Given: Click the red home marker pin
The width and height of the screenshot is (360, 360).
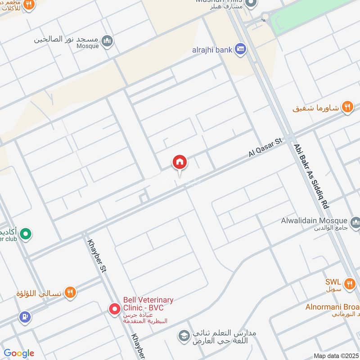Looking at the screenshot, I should coord(180,162).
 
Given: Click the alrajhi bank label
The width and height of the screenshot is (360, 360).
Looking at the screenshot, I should coord(211,49).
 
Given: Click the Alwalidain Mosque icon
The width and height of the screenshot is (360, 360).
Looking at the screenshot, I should coord(355,221).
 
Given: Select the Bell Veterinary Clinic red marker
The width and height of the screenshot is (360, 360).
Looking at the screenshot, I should coord(114,309).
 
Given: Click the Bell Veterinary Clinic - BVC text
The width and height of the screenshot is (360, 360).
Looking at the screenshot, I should coord(148,304).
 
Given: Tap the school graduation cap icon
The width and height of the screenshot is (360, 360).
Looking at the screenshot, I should coord(183,336).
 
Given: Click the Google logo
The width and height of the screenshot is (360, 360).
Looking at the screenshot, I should coord(19,353).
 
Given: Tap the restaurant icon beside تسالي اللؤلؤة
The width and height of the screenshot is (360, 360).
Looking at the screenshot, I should coord(70,293).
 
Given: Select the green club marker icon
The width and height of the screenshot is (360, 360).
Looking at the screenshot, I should coord(27,234).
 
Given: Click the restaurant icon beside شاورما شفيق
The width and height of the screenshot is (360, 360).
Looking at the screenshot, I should coord(347,107).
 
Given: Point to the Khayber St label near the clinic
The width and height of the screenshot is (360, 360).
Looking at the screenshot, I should coord(98,257).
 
